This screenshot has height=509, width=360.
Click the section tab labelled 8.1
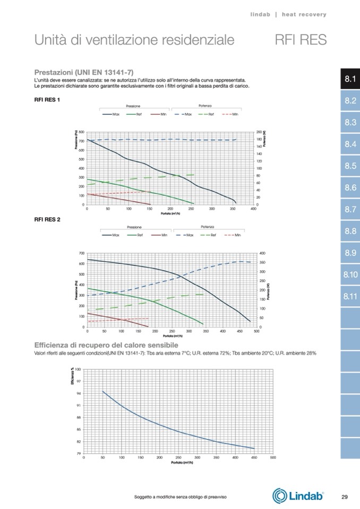tap(349, 79)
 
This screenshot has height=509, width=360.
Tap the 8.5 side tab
tap(349, 166)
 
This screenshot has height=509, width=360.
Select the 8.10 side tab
tap(349, 274)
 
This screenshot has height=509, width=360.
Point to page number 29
tap(344, 497)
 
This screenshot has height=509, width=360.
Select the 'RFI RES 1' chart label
tap(47, 99)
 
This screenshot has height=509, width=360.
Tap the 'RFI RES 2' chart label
tap(47, 219)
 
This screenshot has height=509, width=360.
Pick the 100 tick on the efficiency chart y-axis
tap(78, 369)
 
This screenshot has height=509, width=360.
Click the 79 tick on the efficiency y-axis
tap(79, 453)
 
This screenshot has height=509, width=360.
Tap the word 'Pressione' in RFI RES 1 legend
tap(133, 106)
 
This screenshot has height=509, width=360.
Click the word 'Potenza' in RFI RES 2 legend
tap(207, 227)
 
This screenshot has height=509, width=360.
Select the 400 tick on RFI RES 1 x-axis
tap(253, 209)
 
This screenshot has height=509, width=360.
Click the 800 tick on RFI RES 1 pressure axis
tap(81, 131)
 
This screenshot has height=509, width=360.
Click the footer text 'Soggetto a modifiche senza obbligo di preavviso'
tap(181, 497)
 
